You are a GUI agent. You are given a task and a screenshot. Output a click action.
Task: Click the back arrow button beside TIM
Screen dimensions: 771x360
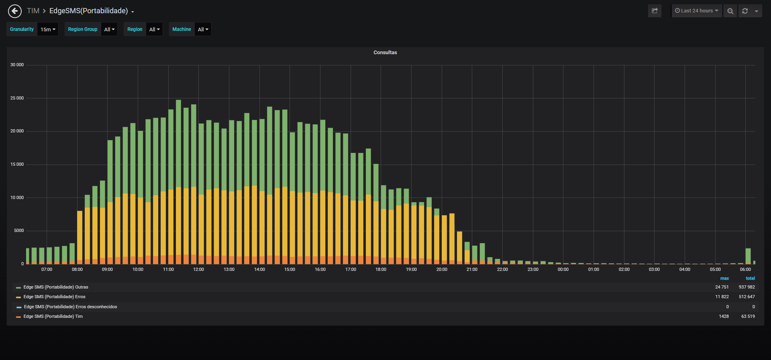tap(15, 11)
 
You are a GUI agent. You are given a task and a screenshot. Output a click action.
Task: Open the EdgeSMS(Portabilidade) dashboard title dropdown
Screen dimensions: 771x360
tap(92, 11)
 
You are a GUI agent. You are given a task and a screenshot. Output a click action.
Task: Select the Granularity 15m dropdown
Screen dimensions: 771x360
tap(48, 29)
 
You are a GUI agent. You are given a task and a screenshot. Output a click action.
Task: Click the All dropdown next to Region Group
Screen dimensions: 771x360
tap(109, 29)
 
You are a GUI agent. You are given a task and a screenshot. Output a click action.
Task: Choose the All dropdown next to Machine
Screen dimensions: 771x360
tap(203, 29)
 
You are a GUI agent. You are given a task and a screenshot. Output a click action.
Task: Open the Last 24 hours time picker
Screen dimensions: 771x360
tap(697, 11)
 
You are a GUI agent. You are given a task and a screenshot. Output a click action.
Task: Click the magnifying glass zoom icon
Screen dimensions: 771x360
tap(730, 11)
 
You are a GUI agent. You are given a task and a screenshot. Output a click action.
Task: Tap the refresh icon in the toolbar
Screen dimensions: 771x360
tap(745, 11)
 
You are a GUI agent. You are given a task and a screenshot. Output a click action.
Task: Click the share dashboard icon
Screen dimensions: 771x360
tap(655, 11)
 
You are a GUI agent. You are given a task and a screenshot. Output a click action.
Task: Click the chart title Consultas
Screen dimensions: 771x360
tap(385, 53)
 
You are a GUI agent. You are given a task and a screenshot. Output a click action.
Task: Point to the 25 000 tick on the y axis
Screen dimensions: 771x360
tap(17, 98)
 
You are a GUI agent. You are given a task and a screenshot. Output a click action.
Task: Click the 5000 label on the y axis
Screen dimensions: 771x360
tap(19, 230)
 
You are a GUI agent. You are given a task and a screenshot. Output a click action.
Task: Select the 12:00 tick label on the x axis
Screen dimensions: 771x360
tap(198, 269)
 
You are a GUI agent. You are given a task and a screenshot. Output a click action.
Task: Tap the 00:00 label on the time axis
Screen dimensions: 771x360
tap(563, 269)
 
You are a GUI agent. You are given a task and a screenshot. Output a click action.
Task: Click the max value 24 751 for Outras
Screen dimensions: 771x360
tap(722, 287)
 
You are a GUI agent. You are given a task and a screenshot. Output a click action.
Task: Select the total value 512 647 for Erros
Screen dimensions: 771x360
tap(747, 297)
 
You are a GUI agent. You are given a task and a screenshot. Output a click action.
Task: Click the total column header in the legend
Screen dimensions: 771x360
tap(750, 278)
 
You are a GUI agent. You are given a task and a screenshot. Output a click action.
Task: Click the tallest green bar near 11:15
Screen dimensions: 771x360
tap(178, 144)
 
